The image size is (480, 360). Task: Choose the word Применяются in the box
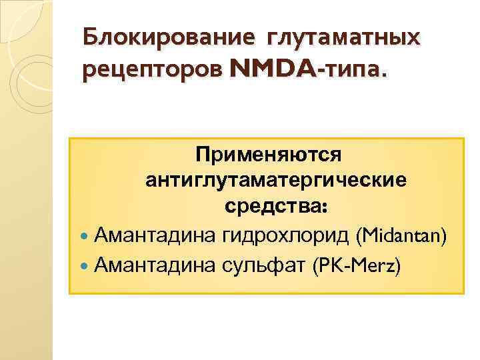[268, 154]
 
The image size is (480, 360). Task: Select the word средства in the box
[272, 207]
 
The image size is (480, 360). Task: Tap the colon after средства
[324, 209]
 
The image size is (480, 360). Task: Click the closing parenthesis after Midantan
[444, 235]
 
